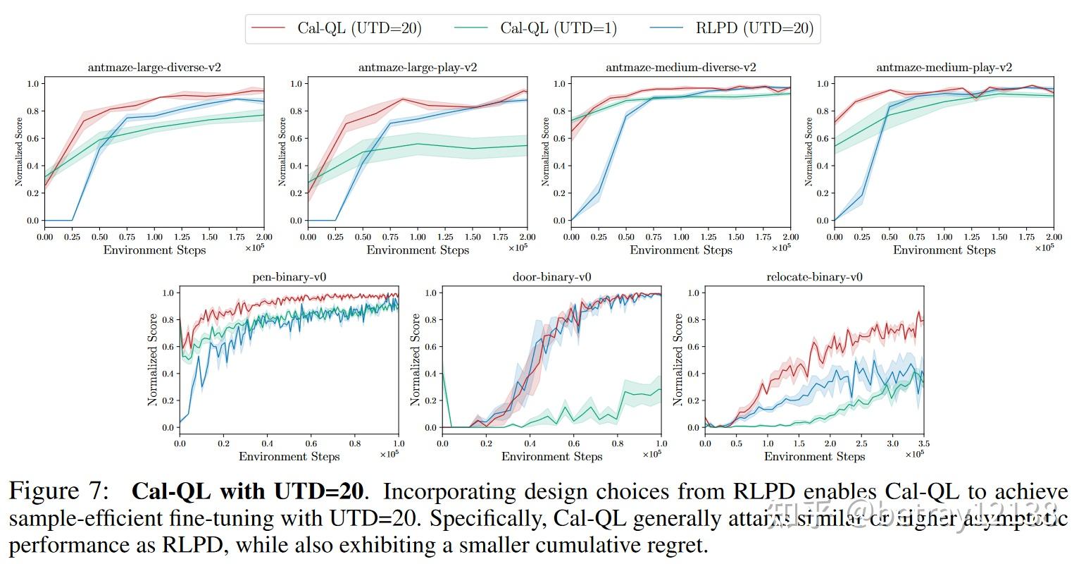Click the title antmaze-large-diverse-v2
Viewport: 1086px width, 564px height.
pyautogui.click(x=154, y=68)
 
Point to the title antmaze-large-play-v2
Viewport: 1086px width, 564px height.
pyautogui.click(x=418, y=68)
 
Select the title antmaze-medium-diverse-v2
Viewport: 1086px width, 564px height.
pyautogui.click(x=681, y=68)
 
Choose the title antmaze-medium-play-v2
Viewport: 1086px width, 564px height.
pyautogui.click(x=944, y=68)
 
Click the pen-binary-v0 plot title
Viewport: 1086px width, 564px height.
pyautogui.click(x=289, y=277)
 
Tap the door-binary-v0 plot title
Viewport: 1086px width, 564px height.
pyautogui.click(x=552, y=277)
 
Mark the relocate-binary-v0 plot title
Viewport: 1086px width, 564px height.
pyautogui.click(x=814, y=277)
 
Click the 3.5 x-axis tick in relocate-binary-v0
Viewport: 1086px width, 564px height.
pyautogui.click(x=923, y=443)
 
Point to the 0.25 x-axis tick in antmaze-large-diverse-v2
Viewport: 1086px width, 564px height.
pyautogui.click(x=72, y=237)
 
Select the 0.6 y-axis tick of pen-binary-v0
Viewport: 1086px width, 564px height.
pyautogui.click(x=167, y=347)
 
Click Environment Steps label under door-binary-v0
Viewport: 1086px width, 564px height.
pyautogui.click(x=552, y=457)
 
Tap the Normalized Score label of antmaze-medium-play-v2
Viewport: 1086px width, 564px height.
pyautogui.click(x=809, y=152)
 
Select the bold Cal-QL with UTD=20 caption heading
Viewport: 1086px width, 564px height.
pyautogui.click(x=248, y=491)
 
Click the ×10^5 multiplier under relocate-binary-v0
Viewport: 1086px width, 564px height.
pyautogui.click(x=914, y=455)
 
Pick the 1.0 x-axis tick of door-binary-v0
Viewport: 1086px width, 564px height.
pyautogui.click(x=661, y=443)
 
